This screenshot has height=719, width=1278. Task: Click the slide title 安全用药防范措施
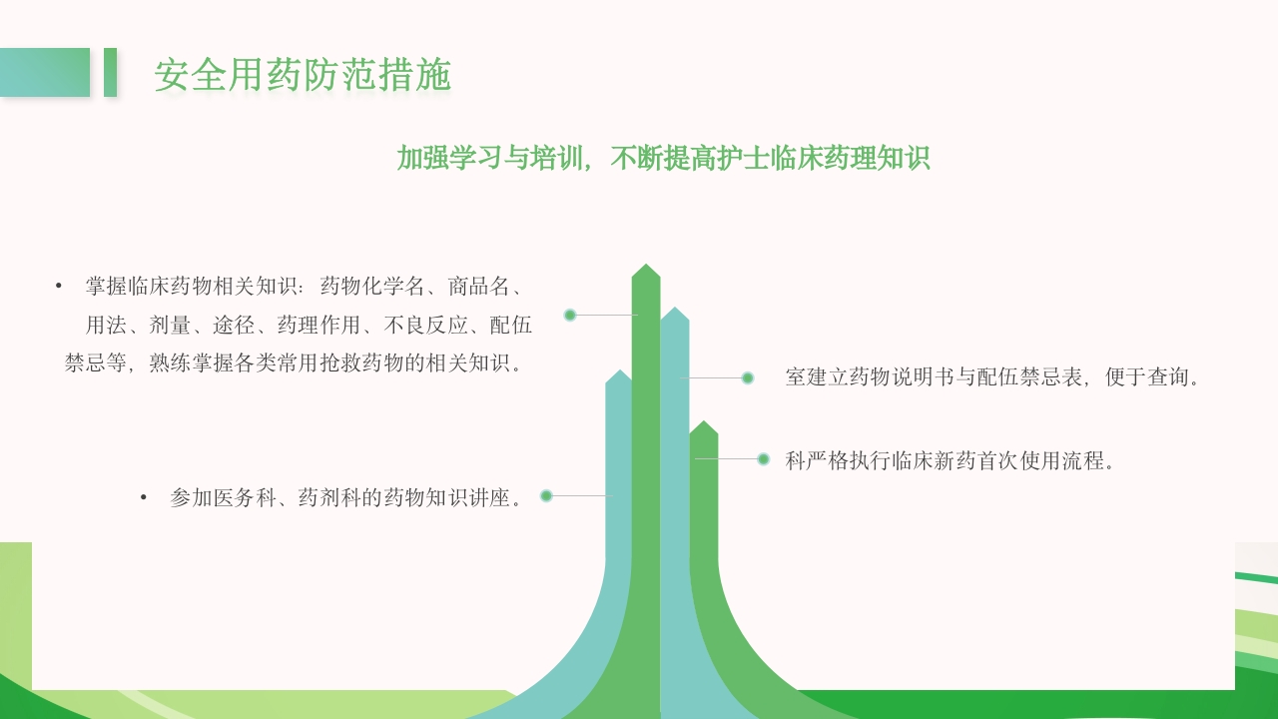[x=303, y=75]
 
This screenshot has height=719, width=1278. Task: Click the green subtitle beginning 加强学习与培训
[x=663, y=158]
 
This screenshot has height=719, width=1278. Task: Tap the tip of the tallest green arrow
[x=646, y=267]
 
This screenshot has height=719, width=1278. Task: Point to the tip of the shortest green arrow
[x=704, y=424]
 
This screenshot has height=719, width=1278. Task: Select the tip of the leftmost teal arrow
[x=619, y=373]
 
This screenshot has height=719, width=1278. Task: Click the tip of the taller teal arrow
[x=675, y=311]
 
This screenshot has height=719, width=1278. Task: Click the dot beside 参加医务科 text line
[x=546, y=495]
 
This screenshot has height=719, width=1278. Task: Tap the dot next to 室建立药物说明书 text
[x=747, y=377]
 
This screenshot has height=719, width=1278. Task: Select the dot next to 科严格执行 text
[x=763, y=459]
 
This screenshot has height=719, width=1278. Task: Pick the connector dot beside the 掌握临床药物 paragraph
[x=570, y=315]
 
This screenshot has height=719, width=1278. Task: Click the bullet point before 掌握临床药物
[x=59, y=287]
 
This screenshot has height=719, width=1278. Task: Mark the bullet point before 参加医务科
[x=144, y=497]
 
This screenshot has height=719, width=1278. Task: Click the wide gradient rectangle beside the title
[x=45, y=72]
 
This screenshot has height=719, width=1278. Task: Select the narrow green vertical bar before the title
[x=110, y=72]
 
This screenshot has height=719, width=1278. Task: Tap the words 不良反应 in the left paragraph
[x=426, y=325]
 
